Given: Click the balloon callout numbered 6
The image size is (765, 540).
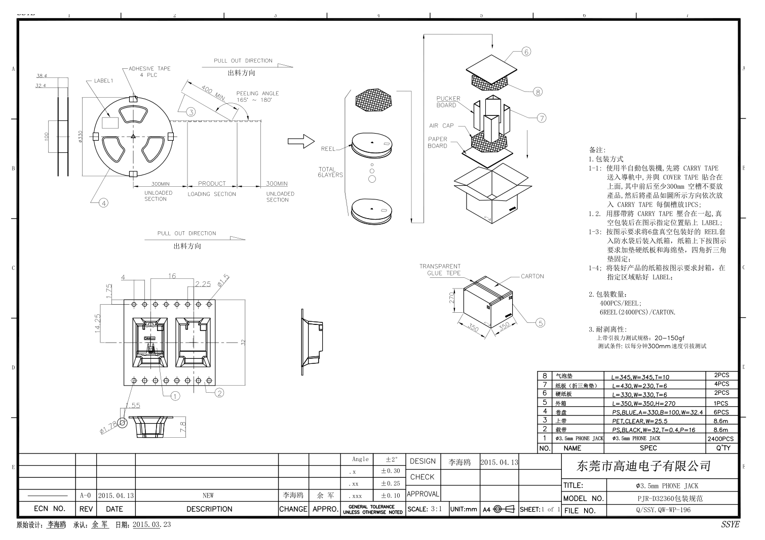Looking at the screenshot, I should click(x=526, y=52).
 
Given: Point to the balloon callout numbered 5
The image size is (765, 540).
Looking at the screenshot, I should click(x=540, y=323).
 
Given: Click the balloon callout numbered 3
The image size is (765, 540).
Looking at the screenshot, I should click(x=191, y=112).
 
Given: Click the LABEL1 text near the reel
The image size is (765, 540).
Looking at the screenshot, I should click(x=104, y=80).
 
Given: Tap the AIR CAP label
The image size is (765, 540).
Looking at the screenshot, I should click(x=441, y=126).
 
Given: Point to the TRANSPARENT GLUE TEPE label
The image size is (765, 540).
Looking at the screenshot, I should click(x=440, y=270).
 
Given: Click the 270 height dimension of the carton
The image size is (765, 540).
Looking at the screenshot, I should click(x=452, y=298).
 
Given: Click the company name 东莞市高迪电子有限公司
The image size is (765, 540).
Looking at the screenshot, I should click(x=644, y=466).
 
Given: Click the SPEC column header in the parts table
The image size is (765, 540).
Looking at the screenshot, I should click(x=648, y=448).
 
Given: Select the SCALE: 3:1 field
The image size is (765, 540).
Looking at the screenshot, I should click(x=425, y=509).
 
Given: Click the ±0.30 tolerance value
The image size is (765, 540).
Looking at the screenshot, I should click(x=390, y=471).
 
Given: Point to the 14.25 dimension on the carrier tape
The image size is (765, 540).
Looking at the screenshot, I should click(x=98, y=323).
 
